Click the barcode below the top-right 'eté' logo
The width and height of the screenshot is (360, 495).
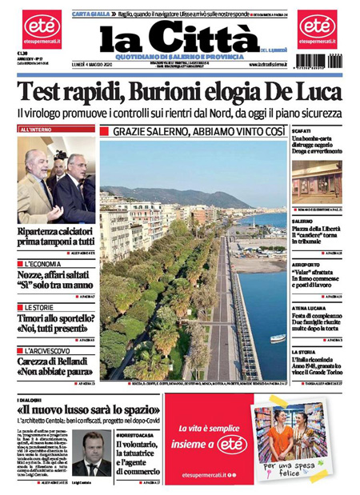pyautogui.click(x=318, y=61)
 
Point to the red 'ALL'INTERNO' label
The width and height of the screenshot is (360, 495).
pyautogui.click(x=36, y=130)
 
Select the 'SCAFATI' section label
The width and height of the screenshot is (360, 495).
pyautogui.click(x=302, y=130)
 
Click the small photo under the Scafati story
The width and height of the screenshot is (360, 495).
pyautogui.click(x=316, y=182)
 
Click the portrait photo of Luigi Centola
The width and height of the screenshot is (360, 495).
pyautogui.click(x=91, y=453)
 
